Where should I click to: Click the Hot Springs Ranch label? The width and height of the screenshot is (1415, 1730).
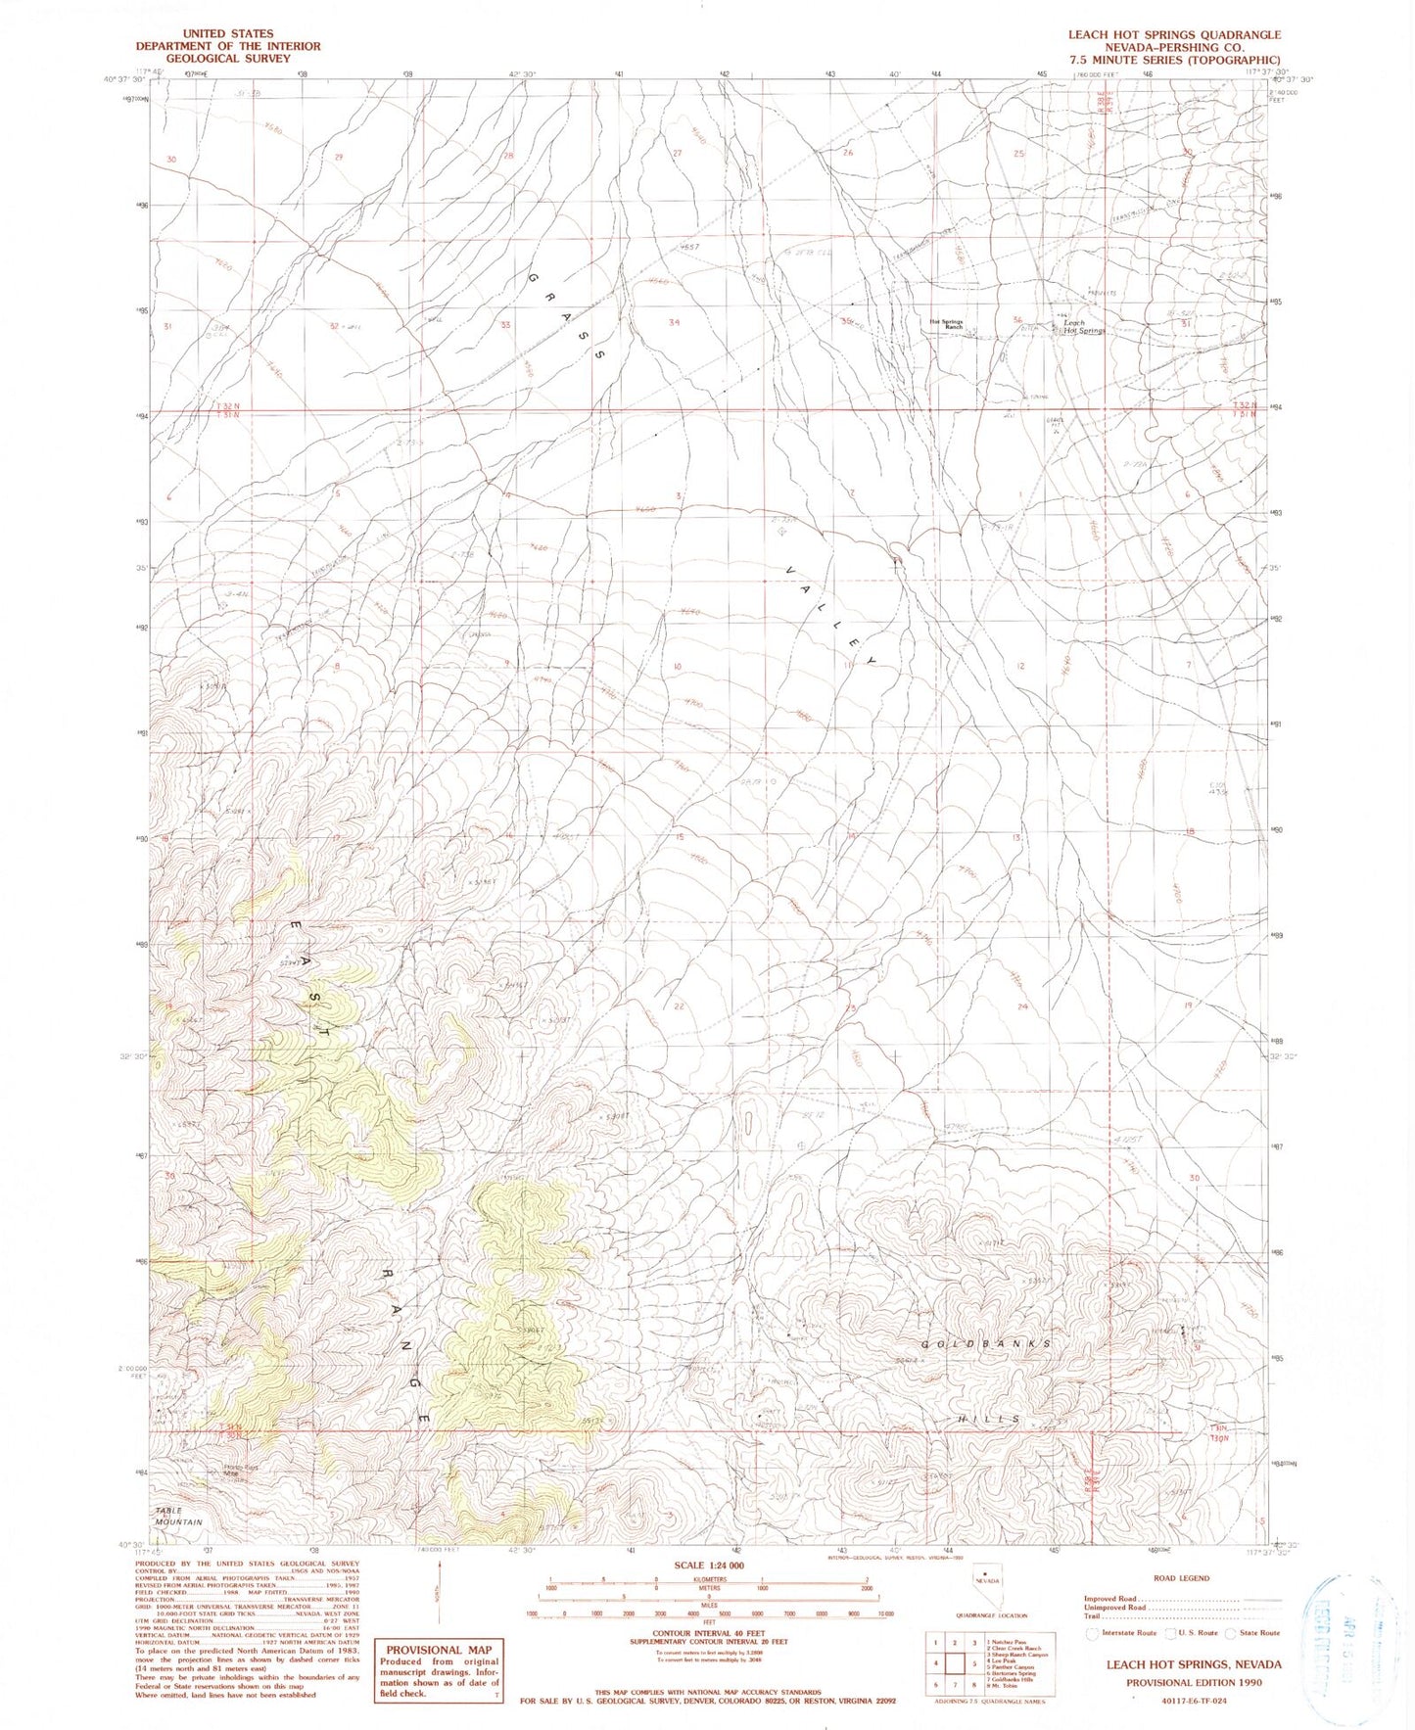pyautogui.click(x=945, y=324)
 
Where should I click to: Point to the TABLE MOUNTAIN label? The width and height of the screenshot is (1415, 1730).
pyautogui.click(x=177, y=1517)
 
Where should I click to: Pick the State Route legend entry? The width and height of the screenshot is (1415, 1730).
pyautogui.click(x=1253, y=1632)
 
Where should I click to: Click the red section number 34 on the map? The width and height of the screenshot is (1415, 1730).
pyautogui.click(x=674, y=322)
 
